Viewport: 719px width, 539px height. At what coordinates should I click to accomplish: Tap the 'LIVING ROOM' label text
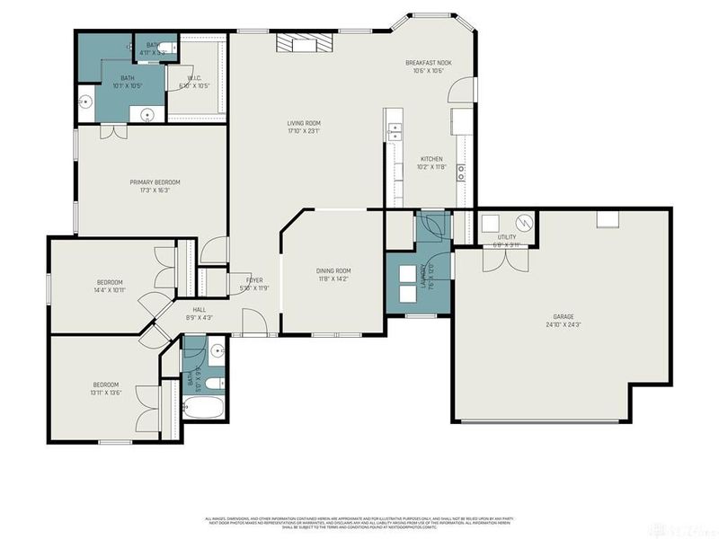[x=304, y=124]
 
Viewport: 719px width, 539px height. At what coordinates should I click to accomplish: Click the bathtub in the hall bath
[x=199, y=409]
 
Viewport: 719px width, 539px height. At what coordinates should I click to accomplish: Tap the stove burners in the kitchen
[x=460, y=172]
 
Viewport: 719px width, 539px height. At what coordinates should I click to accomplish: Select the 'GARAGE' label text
[x=563, y=317]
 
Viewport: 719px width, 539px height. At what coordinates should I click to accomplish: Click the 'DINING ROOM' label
[x=333, y=270]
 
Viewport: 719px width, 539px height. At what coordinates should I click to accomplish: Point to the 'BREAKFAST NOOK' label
[x=428, y=63]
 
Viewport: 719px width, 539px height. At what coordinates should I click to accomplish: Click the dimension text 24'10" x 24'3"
[x=563, y=325]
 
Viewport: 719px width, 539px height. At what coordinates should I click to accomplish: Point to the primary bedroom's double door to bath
[x=113, y=131]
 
